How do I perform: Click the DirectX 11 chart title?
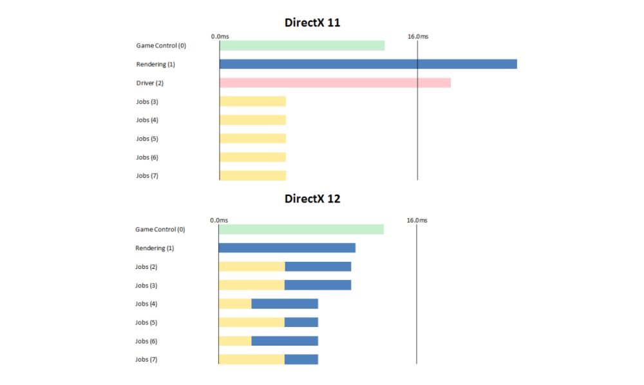[312, 23]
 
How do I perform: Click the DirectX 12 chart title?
[312, 199]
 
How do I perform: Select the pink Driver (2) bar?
[335, 83]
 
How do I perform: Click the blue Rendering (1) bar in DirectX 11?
[368, 64]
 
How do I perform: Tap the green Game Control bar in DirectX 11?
[302, 45]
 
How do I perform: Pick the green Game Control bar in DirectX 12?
[301, 230]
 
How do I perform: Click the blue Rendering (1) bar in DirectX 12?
[287, 248]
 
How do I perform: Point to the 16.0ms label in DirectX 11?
[417, 36]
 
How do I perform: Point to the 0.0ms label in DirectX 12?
[219, 221]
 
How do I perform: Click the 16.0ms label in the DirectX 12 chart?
[417, 221]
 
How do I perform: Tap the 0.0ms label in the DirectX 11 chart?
[220, 36]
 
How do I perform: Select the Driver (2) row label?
[149, 83]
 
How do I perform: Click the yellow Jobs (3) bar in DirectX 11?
[252, 101]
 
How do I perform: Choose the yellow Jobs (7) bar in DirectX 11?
[252, 175]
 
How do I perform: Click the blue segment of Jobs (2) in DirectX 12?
[318, 266]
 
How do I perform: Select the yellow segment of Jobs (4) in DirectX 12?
[235, 304]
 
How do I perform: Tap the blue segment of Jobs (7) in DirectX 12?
[301, 359]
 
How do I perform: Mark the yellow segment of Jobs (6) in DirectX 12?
[235, 341]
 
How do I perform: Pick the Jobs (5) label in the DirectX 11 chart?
[147, 139]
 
